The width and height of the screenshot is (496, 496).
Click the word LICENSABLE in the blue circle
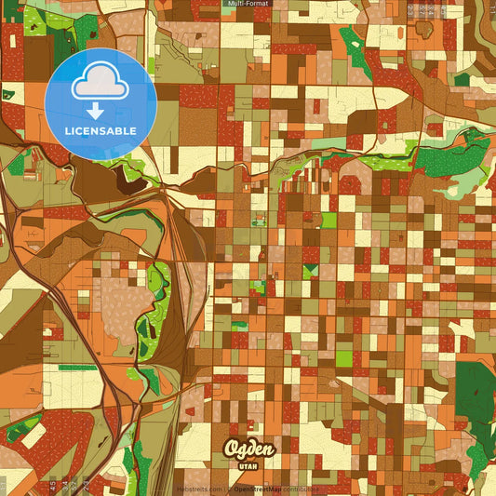[101, 130]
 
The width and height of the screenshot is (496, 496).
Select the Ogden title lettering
[248, 449]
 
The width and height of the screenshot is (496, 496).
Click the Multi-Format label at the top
[247, 4]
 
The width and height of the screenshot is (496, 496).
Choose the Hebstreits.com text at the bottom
[201, 489]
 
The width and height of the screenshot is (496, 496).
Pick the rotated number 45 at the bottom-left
[52, 484]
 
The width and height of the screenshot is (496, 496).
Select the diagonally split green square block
[311, 271]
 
